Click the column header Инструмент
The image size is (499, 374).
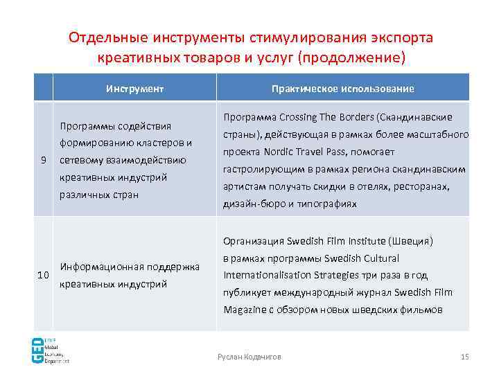(134, 89)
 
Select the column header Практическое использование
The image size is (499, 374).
(342, 89)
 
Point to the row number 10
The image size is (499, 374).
(43, 275)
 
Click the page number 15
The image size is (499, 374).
(464, 356)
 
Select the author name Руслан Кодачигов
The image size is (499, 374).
(249, 356)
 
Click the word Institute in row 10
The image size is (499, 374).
(366, 242)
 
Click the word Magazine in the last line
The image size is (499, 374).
(244, 310)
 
